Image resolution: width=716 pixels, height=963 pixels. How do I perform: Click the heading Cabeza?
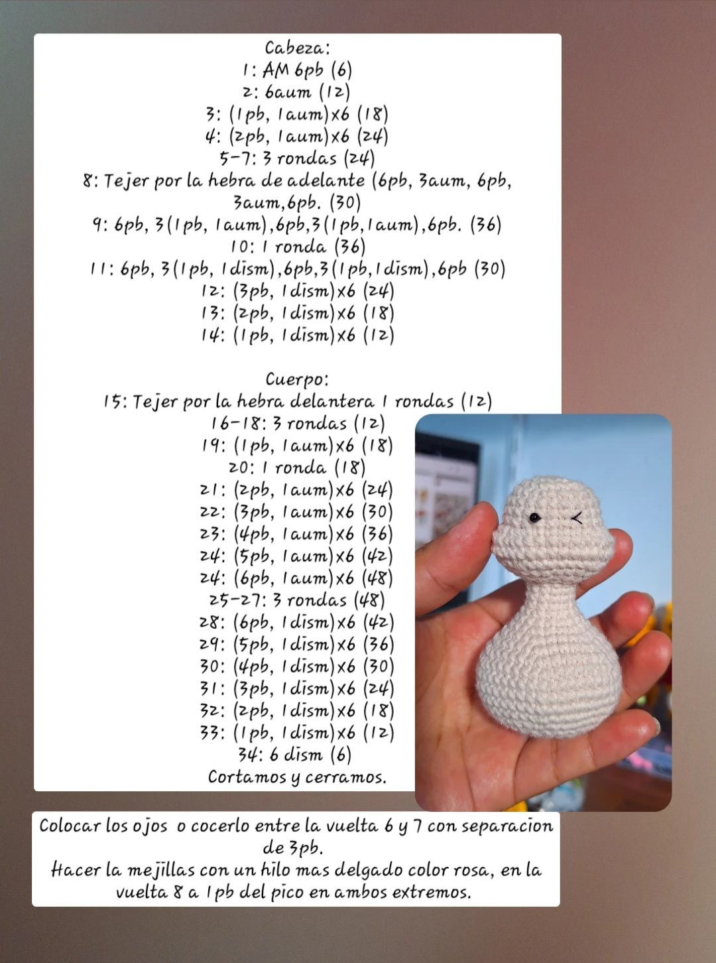pos(297,48)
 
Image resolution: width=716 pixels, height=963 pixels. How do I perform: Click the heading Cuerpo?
pos(296,379)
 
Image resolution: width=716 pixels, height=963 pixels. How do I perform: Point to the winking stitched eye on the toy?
pos(577,517)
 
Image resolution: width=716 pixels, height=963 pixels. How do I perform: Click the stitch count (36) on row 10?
pos(349,247)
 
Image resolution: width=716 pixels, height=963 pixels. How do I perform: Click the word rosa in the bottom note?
pos(473,869)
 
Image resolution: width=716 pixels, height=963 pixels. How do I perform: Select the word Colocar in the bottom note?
pos(68,826)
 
